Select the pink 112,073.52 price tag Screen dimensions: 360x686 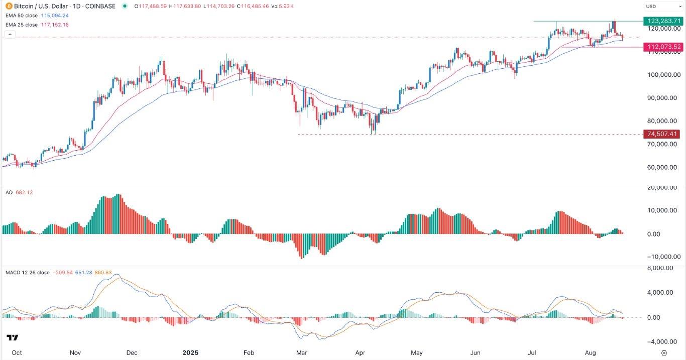(x=663, y=47)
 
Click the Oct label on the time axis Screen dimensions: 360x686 (x=17, y=352)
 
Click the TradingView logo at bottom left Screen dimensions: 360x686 (x=13, y=337)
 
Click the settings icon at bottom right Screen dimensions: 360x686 (x=664, y=352)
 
